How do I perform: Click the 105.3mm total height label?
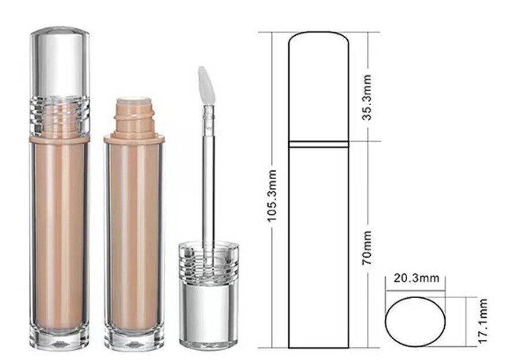[x=272, y=195]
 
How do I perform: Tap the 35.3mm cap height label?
[x=367, y=97]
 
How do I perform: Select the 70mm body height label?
[x=367, y=248]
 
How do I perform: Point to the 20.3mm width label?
[x=416, y=278]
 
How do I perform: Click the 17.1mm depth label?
[x=482, y=321]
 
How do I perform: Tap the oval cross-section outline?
[x=385, y=322]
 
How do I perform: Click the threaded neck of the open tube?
[x=134, y=116]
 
